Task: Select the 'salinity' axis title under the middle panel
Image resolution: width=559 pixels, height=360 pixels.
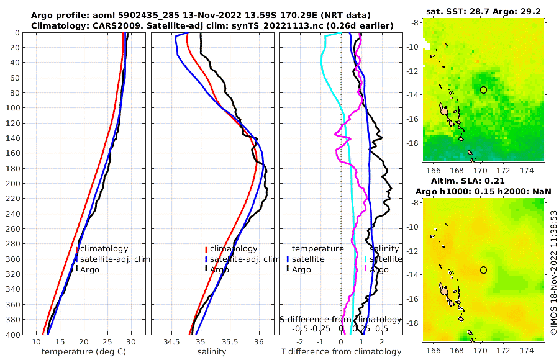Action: pos(211,351)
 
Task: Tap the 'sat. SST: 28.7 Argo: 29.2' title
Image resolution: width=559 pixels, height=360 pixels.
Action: pos(483,12)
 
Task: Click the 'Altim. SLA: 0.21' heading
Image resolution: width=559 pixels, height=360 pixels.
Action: pos(483,180)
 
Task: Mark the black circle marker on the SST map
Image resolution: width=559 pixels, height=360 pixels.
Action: pos(483,90)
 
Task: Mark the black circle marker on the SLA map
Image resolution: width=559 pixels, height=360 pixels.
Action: pos(483,270)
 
